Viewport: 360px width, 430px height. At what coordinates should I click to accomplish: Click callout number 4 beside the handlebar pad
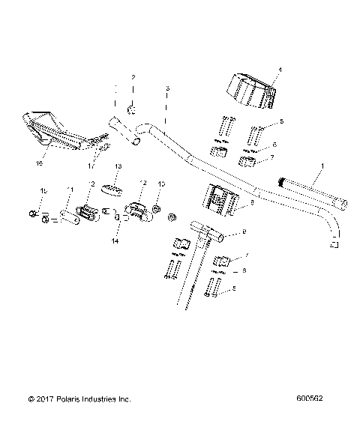[x=279, y=69]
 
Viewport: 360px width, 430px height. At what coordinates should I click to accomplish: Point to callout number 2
[x=133, y=78]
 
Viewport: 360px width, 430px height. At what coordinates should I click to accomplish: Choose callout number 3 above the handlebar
[x=167, y=88]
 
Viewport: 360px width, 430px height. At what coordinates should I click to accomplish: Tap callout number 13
[x=117, y=166]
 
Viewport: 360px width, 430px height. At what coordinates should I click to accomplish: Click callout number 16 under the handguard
[x=40, y=163]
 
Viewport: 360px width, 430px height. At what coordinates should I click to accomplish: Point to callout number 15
[x=42, y=193]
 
